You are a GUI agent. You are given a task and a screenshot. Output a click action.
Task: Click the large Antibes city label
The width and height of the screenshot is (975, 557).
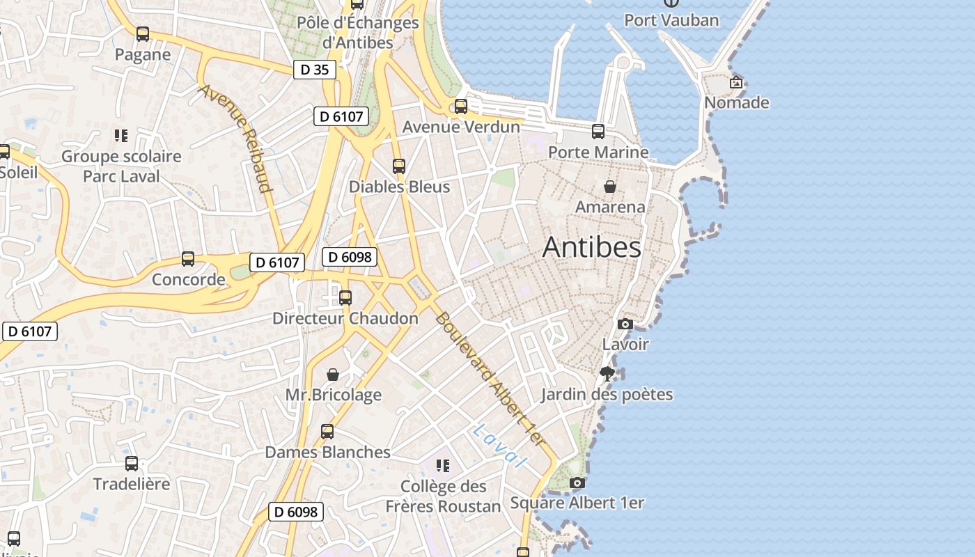point(591,247)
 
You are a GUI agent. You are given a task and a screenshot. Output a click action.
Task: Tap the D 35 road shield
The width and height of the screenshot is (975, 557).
point(314,70)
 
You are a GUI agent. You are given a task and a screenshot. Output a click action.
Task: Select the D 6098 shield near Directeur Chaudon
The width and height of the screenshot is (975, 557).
point(350,257)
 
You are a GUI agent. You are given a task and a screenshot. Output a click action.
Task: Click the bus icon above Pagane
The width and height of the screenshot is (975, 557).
point(143,33)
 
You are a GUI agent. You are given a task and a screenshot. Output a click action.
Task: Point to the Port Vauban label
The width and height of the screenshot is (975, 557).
point(671,20)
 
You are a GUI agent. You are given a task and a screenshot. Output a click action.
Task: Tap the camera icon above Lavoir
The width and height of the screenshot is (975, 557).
point(625,324)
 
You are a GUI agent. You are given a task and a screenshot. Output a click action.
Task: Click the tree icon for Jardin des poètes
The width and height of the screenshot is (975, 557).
point(607,374)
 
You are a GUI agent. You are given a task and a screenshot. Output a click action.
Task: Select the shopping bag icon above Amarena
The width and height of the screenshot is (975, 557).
point(610,187)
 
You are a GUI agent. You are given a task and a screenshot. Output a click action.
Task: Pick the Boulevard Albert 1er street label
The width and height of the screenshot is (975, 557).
point(489,378)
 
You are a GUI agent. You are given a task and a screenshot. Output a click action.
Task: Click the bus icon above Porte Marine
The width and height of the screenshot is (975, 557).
point(598,132)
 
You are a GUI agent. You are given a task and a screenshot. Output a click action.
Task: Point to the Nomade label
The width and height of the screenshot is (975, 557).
point(736,103)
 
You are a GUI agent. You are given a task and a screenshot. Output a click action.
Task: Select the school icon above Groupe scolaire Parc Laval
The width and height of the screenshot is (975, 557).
point(121,136)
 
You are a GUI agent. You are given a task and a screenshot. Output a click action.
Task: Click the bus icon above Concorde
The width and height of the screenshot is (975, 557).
point(188,259)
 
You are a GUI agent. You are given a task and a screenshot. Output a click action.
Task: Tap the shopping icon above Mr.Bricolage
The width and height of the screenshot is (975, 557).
point(334,375)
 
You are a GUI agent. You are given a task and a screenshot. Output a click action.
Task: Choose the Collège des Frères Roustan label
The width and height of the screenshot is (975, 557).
point(444,496)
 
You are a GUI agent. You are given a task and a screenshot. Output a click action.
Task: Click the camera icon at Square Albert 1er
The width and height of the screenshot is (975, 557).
point(577,483)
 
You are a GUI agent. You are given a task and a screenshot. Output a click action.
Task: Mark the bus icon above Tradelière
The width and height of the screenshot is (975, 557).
point(132,464)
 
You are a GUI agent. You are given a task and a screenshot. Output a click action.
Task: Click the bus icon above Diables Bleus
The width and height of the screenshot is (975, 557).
point(399,166)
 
